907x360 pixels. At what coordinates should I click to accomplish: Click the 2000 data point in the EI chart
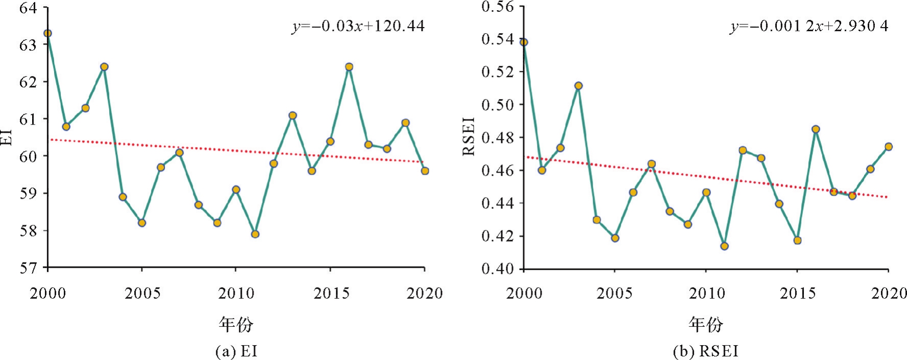[x=47, y=33]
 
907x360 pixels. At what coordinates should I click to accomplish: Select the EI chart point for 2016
[x=349, y=67]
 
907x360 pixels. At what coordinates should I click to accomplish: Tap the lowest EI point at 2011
[x=255, y=234]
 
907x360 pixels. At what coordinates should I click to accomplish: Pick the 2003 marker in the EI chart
[x=104, y=67]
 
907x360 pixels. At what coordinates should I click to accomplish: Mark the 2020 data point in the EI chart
[x=425, y=171]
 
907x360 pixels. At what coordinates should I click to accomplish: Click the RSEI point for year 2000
[x=524, y=42]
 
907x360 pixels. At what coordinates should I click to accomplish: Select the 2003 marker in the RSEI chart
[x=578, y=86]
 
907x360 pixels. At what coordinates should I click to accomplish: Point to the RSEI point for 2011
[x=724, y=246]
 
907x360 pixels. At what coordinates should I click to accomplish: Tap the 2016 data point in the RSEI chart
[x=816, y=129]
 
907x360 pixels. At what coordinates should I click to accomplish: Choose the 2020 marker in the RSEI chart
[x=889, y=147]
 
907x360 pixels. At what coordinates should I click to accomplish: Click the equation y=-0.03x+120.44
[x=358, y=26]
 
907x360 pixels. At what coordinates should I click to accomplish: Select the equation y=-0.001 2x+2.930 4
[x=809, y=26]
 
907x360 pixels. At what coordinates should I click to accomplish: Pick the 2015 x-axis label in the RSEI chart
[x=797, y=294]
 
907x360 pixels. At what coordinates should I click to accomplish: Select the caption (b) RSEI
[x=706, y=351]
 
